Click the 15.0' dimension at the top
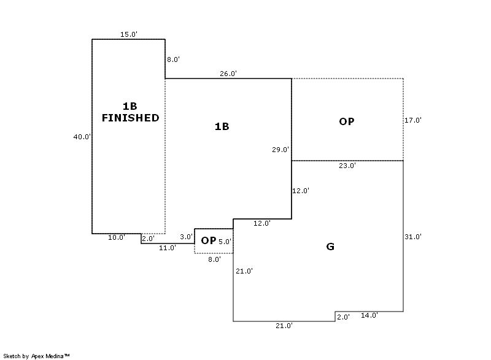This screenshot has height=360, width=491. [x=129, y=34]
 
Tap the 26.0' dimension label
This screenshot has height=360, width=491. [x=228, y=74]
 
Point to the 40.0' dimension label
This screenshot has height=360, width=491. [x=82, y=137]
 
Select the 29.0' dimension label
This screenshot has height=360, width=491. [x=280, y=150]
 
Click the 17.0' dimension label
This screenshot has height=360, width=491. [x=413, y=120]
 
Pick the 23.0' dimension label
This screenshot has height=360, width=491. [x=347, y=166]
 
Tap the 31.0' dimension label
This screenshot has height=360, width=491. [x=413, y=237]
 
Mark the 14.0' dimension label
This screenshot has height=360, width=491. [x=369, y=315]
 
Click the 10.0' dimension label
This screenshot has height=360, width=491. [x=117, y=237]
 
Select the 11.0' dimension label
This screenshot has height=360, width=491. [x=168, y=248]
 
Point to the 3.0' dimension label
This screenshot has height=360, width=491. [x=186, y=237]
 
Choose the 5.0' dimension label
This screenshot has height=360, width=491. [x=225, y=242]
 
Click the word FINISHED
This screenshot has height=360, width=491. [x=130, y=118]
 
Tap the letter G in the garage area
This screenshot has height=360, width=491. [x=330, y=247]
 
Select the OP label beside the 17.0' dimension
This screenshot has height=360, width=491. [x=347, y=121]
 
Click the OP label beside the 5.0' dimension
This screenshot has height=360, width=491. [x=209, y=240]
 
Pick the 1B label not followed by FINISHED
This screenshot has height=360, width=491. [x=222, y=126]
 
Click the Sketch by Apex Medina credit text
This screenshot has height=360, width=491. [x=37, y=356]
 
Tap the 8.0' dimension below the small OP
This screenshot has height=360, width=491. [x=214, y=259]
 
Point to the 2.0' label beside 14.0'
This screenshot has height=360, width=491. [x=343, y=317]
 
